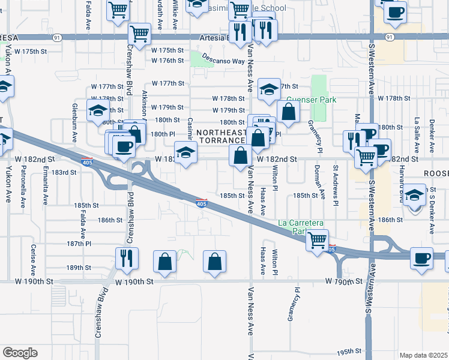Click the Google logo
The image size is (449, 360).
20,353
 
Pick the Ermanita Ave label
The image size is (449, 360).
45,186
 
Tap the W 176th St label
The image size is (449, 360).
167,61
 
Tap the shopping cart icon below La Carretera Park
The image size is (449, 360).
316,240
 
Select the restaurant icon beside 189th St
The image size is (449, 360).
127,257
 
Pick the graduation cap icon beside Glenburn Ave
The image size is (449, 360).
97,111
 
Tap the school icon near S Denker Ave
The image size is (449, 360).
414,194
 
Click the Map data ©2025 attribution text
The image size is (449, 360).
423,355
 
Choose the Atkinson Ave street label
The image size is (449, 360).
145,109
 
